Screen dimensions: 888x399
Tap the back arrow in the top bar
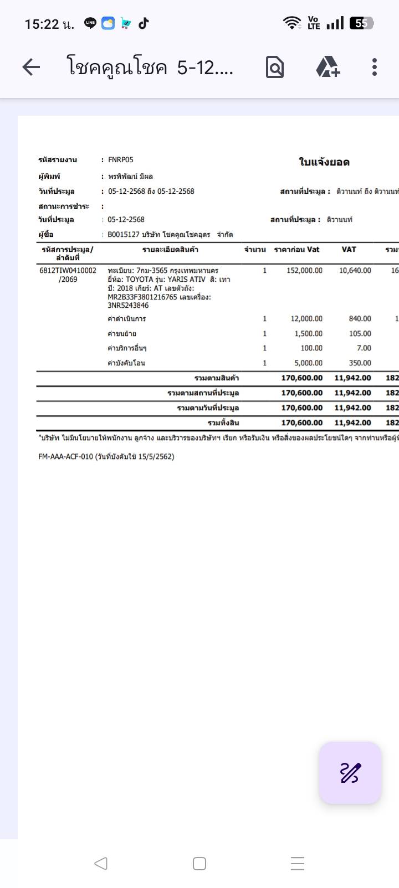(x=32, y=68)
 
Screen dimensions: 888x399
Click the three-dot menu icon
(x=375, y=67)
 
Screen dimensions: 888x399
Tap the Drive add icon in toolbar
(x=328, y=67)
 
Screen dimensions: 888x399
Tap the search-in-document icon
(x=275, y=68)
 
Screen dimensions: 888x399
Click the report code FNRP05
(x=121, y=160)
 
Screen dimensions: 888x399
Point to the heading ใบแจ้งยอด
(x=324, y=162)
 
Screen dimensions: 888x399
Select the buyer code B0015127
(x=123, y=235)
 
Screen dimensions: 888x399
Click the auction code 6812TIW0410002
(x=68, y=271)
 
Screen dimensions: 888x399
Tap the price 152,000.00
(x=304, y=271)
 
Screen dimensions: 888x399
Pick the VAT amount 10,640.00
(x=355, y=271)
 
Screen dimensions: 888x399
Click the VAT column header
(x=349, y=250)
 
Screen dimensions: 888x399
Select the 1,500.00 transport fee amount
(x=308, y=334)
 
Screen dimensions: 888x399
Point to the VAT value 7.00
(x=364, y=348)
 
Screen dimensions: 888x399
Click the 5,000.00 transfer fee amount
(x=308, y=363)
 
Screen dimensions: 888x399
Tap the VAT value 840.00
(x=360, y=319)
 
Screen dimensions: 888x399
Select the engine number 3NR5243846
(x=128, y=306)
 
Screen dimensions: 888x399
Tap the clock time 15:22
(x=42, y=24)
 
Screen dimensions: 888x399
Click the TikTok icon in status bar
(x=144, y=23)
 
